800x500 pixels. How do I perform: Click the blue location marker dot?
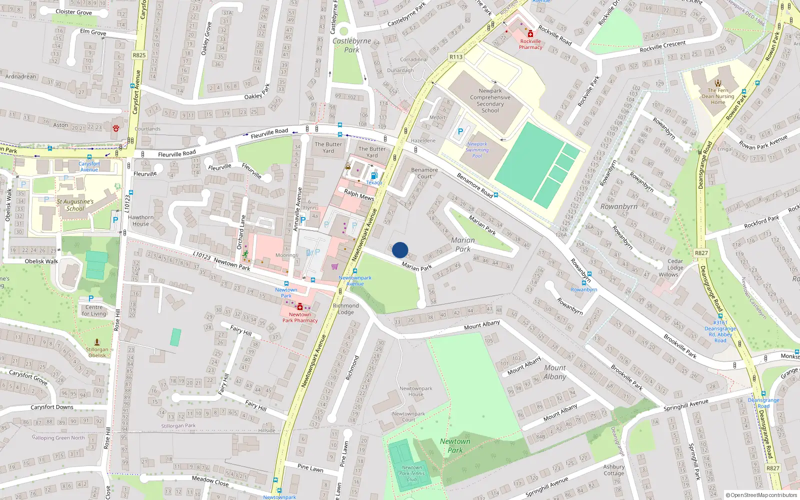[400, 250]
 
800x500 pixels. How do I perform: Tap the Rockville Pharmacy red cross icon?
[530, 33]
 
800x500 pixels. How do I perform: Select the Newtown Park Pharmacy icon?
[300, 306]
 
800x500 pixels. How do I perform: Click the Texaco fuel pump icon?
[374, 176]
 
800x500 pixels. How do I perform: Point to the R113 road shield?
[456, 57]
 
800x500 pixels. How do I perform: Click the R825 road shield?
[139, 55]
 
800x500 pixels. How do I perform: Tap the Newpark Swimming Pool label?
[477, 150]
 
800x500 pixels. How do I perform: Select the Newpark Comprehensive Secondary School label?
[490, 100]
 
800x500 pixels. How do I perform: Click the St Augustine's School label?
[75, 205]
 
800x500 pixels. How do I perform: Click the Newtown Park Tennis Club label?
[412, 473]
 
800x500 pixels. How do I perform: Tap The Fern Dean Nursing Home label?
[718, 96]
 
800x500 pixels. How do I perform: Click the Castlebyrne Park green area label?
[351, 45]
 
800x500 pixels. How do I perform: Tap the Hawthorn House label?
[140, 220]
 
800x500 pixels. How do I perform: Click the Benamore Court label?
[424, 173]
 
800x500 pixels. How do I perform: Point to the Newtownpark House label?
[415, 391]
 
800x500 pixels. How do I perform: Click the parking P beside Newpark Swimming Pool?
[460, 131]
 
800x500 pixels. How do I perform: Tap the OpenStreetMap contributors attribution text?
[761, 495]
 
